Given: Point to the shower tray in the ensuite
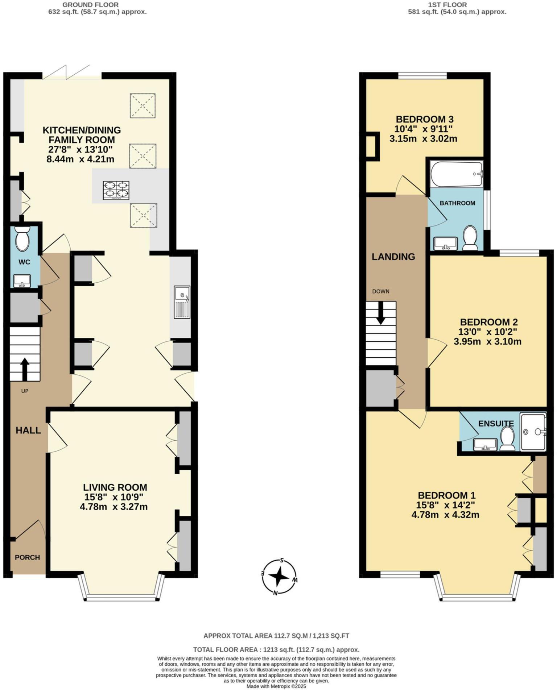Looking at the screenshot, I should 533,432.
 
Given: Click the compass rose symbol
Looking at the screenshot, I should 279,577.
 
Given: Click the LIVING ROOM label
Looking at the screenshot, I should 115,487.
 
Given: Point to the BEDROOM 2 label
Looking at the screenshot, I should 488,322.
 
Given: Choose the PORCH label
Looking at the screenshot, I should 27,557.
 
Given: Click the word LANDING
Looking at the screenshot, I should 393,257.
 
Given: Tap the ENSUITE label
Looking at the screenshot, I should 496,423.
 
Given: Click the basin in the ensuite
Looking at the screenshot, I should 485,444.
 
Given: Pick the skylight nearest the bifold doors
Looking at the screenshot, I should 143,105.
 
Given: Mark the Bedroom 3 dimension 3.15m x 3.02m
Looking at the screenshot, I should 423,138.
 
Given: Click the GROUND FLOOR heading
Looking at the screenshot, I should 90,5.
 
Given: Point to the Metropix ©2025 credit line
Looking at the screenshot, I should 276,686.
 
